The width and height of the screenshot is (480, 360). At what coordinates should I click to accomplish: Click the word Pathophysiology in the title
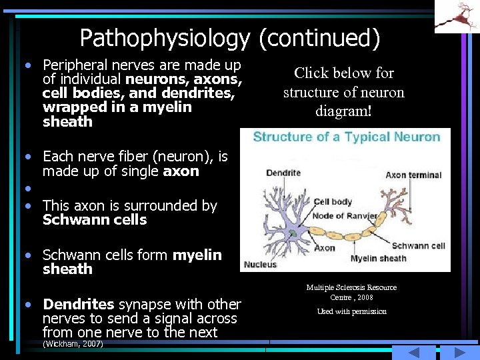(164, 38)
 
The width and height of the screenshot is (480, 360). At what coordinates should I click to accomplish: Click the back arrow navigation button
(413, 353)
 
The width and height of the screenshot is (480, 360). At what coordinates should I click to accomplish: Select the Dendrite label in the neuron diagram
(283, 173)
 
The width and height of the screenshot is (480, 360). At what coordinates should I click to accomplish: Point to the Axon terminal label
(413, 175)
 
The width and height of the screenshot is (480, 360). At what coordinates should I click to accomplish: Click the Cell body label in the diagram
(333, 201)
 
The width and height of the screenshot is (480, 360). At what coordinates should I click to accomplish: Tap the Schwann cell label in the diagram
(418, 246)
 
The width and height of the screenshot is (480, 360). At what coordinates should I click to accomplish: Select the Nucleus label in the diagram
(260, 265)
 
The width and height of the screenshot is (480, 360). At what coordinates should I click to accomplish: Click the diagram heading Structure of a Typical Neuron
(347, 137)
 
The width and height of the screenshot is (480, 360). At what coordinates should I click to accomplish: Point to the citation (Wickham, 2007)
(73, 344)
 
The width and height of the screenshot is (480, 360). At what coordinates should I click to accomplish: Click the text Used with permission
(351, 311)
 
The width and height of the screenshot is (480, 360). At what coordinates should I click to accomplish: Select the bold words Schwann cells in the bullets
(94, 220)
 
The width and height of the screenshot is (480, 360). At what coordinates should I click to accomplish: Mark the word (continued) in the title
(319, 38)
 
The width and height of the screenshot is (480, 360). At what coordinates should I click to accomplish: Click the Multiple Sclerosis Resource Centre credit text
(351, 292)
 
